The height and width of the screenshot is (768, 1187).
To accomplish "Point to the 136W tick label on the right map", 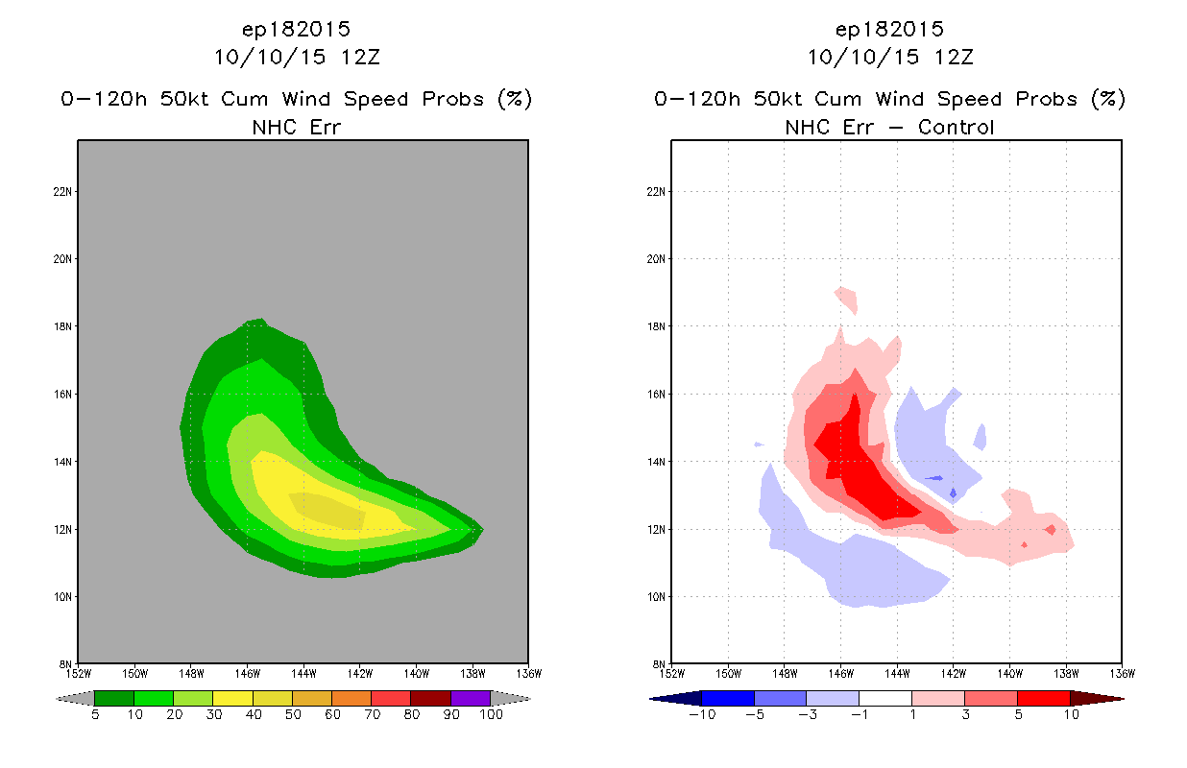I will [x=1122, y=672].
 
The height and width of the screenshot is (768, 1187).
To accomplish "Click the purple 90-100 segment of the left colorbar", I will [x=471, y=698].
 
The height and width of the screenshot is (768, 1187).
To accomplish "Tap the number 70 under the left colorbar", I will [x=371, y=714].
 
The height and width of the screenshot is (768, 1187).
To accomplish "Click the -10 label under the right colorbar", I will [x=701, y=714].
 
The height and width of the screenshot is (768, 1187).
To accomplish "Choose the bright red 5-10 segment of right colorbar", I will [x=1043, y=698].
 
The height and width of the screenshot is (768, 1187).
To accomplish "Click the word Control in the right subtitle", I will [x=957, y=127].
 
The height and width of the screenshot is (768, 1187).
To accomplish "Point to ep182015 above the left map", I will [x=296, y=30].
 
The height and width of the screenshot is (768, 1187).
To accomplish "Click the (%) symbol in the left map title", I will [x=514, y=99].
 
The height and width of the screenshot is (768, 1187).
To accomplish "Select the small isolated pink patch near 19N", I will [x=845, y=299].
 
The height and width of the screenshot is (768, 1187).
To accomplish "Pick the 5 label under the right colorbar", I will [x=1017, y=714].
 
